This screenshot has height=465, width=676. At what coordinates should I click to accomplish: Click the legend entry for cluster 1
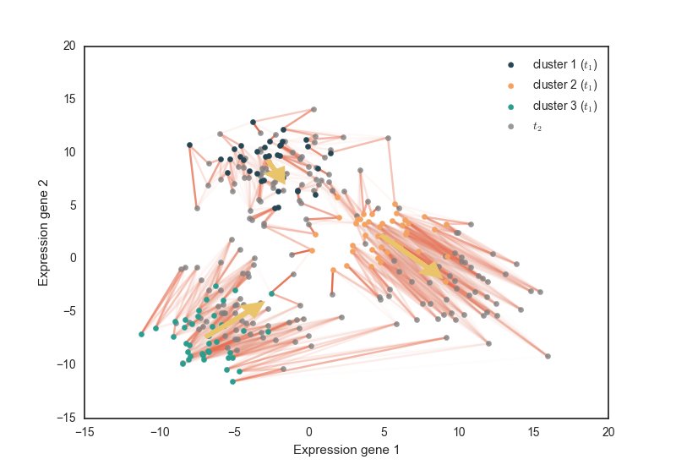pos(565,64)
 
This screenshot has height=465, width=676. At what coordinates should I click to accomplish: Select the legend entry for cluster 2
pos(565,85)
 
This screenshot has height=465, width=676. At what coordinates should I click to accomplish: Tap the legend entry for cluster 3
pos(565,107)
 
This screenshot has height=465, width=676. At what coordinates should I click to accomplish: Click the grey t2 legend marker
pos(510,127)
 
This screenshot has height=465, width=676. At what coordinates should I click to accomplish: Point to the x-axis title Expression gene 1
pos(346,450)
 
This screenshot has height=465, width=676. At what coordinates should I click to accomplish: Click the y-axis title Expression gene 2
pos(43,232)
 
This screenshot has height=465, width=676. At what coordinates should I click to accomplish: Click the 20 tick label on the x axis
pos(608,431)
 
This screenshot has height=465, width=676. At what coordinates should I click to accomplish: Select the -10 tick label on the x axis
pos(159,431)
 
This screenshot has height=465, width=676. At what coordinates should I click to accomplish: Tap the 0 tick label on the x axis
pos(309,431)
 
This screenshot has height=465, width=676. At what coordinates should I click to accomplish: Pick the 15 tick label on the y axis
pos(70,99)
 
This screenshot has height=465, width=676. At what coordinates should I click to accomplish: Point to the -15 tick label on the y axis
pos(68,418)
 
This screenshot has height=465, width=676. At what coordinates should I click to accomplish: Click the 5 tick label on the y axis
pos(74,205)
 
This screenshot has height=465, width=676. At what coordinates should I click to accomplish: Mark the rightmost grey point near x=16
pos(548,356)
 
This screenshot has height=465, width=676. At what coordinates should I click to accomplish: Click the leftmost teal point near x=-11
pos(141,334)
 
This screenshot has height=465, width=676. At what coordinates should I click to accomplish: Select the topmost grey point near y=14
pos(313,109)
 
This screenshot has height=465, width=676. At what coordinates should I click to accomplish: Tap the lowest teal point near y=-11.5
pos(233,382)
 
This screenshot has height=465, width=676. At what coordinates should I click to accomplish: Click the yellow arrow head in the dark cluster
pos(279,175)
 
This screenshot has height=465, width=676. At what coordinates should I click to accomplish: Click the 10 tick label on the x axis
pos(459,431)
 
